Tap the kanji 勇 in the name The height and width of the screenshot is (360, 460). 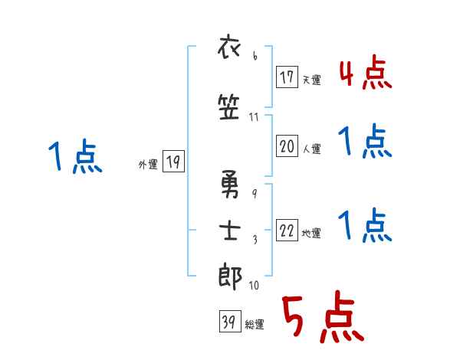pyautogui.click(x=231, y=184)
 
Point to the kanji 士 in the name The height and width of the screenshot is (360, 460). pyautogui.click(x=231, y=232)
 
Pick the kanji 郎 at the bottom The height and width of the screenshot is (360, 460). pyautogui.click(x=231, y=276)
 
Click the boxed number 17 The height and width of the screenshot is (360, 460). pyautogui.click(x=287, y=78)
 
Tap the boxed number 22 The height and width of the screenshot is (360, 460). pyautogui.click(x=287, y=232)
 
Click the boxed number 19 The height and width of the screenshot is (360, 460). pyautogui.click(x=173, y=162)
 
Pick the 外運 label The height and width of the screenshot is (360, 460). pyautogui.click(x=147, y=164)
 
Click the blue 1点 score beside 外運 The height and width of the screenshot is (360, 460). pyautogui.click(x=74, y=157)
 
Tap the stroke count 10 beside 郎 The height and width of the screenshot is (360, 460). pyautogui.click(x=254, y=286)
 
